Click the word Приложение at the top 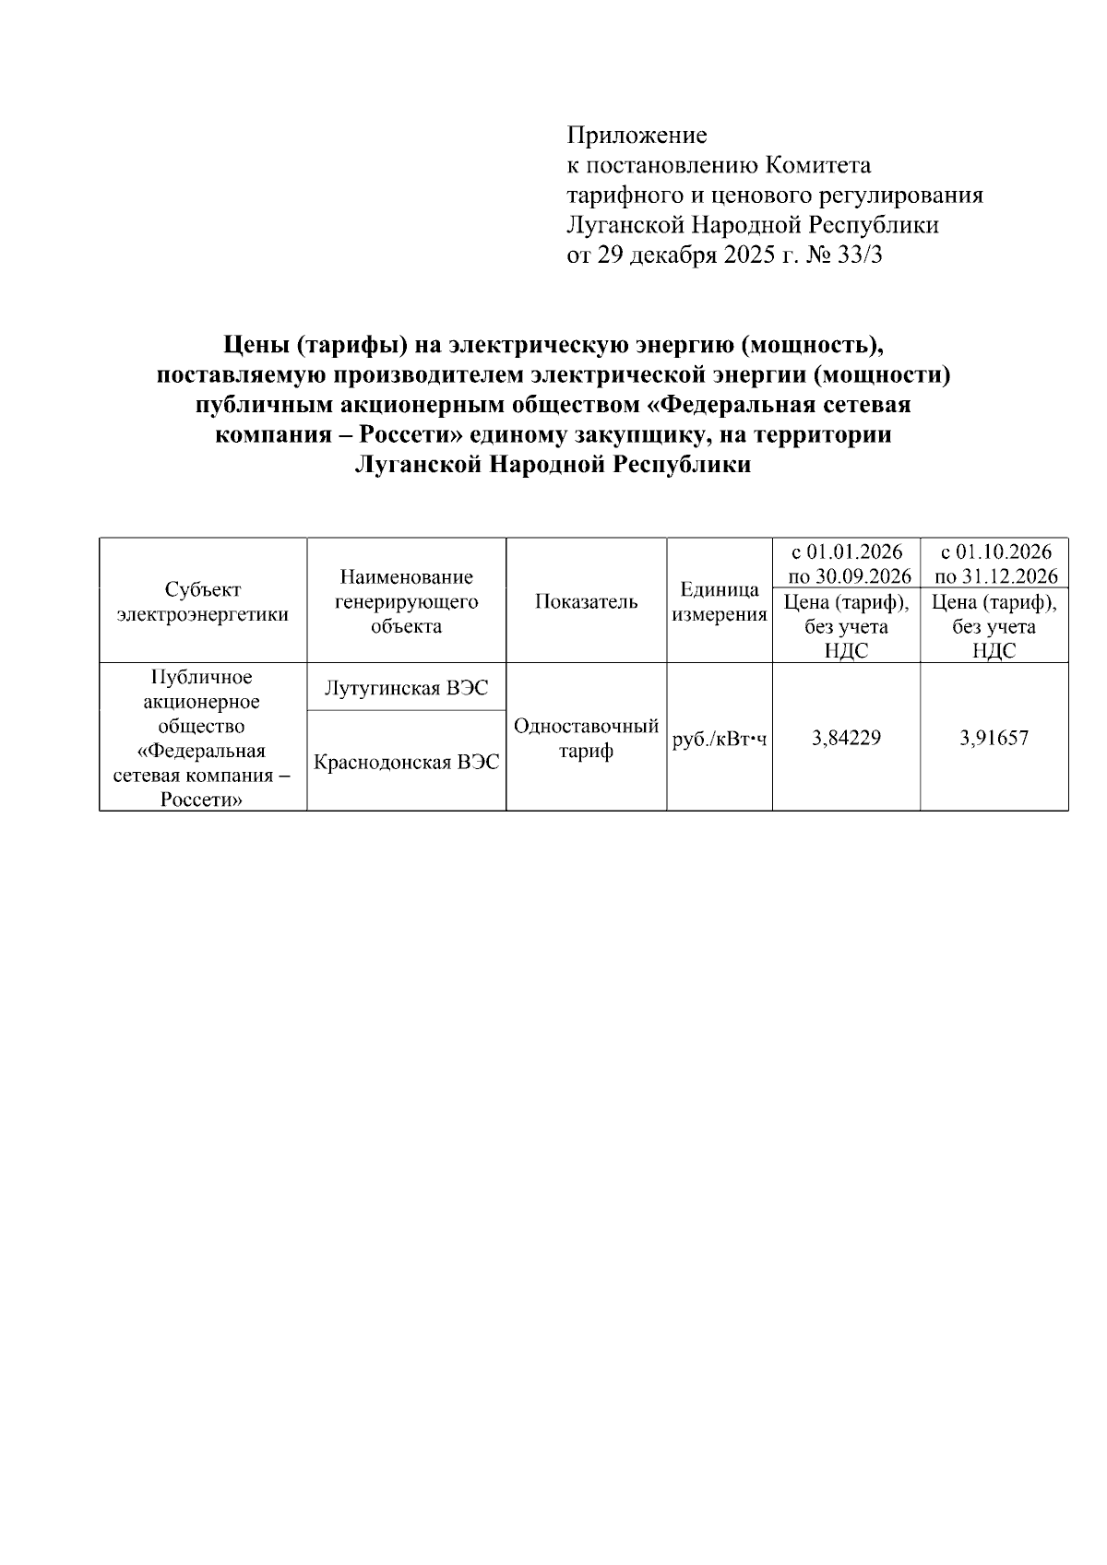click(637, 136)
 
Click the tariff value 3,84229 click(846, 738)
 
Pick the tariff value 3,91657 click(994, 738)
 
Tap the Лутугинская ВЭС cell click(406, 688)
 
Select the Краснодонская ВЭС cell click(406, 763)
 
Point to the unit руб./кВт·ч click(720, 739)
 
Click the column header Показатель click(586, 602)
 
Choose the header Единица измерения click(720, 602)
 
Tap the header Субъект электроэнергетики click(203, 602)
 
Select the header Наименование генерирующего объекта click(406, 602)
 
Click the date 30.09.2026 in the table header click(863, 577)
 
